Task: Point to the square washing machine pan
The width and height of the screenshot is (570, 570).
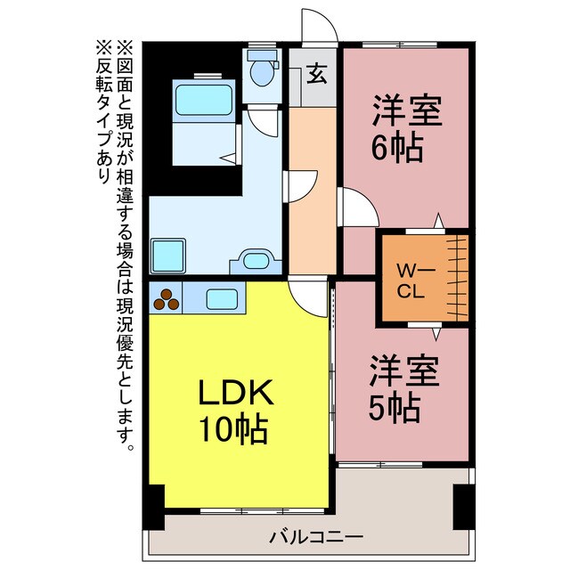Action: coord(167,256)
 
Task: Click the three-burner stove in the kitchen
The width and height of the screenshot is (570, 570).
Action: coord(166,299)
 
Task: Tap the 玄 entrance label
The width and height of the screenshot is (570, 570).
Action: coord(316,74)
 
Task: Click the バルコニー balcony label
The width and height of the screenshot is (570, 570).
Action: coord(316,537)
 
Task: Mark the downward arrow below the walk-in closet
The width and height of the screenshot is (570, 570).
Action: coord(437,333)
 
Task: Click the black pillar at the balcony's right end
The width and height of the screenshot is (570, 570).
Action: coord(462,508)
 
